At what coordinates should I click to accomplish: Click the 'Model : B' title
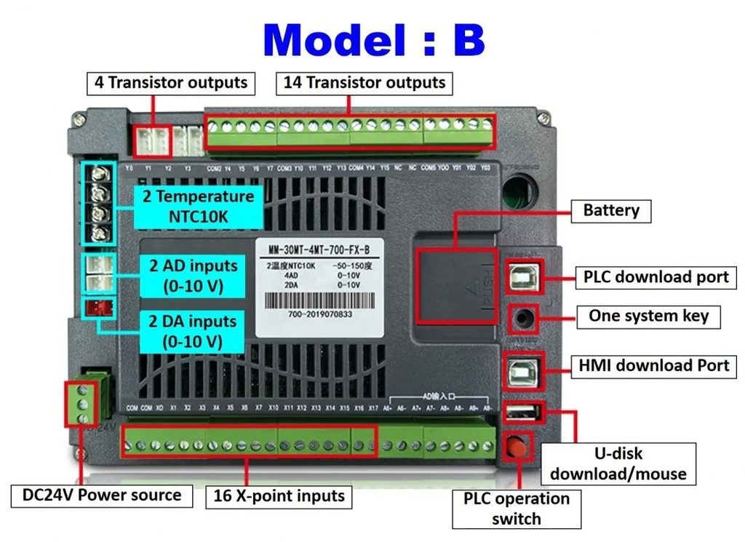tap(373, 39)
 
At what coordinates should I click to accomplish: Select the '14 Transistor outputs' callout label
tap(364, 82)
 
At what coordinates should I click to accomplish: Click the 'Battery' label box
tap(611, 210)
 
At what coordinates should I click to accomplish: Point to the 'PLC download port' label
tap(656, 277)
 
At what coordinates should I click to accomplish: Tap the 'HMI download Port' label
tap(653, 365)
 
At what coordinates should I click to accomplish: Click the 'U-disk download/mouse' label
tap(618, 463)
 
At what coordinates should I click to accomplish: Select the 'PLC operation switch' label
tap(516, 509)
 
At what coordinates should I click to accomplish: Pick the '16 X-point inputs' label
tap(279, 496)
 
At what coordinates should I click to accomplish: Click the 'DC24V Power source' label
tap(103, 495)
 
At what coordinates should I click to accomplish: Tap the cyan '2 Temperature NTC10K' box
tap(198, 207)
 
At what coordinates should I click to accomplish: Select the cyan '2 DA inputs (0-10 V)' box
tap(193, 331)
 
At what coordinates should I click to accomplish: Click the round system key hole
tap(522, 318)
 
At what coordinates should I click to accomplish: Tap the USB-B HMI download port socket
tap(521, 372)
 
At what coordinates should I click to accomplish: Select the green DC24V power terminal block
tap(82, 404)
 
